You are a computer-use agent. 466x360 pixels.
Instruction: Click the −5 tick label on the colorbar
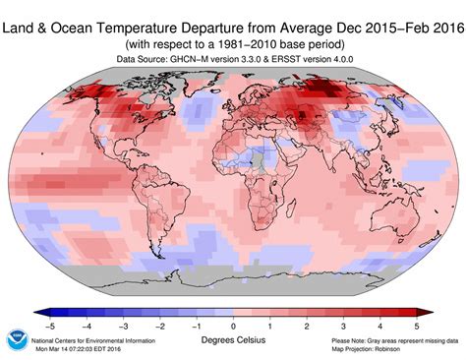coord(46,324)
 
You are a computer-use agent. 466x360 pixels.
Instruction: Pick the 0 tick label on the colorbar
coord(233,324)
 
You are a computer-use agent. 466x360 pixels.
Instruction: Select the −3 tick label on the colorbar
coord(121,324)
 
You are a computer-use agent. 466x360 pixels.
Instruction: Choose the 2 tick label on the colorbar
coord(308,324)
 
